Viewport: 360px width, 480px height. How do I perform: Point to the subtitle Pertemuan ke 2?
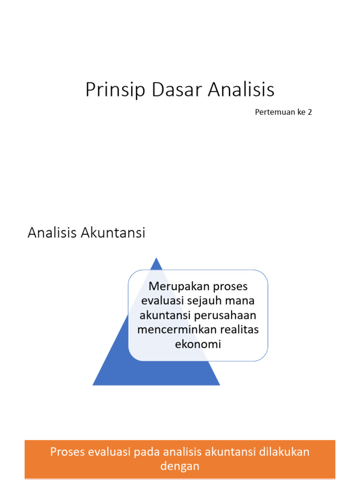pyautogui.click(x=283, y=112)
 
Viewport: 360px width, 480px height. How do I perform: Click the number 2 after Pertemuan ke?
pyautogui.click(x=309, y=112)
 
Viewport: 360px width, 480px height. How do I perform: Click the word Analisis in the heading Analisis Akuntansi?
pyautogui.click(x=52, y=232)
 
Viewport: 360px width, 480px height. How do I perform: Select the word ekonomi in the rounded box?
pyautogui.click(x=198, y=344)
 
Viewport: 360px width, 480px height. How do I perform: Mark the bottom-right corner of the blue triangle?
pyautogui.click(x=219, y=384)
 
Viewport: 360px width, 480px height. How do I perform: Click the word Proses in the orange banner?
pyautogui.click(x=67, y=452)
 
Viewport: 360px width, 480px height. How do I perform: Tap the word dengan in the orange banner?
pyautogui.click(x=180, y=466)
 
